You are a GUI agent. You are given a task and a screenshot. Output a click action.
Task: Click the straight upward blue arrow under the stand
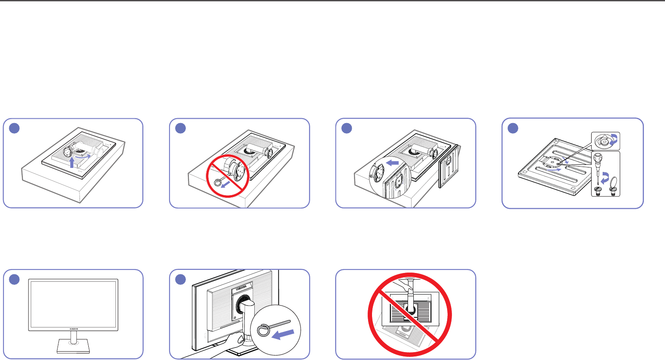tap(72, 163)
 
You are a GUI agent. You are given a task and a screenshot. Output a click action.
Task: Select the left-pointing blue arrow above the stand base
tap(393, 163)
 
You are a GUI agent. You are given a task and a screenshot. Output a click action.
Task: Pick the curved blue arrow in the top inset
tap(613, 140)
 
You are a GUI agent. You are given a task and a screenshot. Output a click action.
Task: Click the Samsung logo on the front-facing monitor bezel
tap(74, 327)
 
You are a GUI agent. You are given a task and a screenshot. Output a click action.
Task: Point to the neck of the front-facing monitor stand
tap(74, 337)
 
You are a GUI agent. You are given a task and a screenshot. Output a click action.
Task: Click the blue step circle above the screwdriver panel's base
tap(513, 128)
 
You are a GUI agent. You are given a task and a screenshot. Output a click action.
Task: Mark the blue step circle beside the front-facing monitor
tap(14, 280)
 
